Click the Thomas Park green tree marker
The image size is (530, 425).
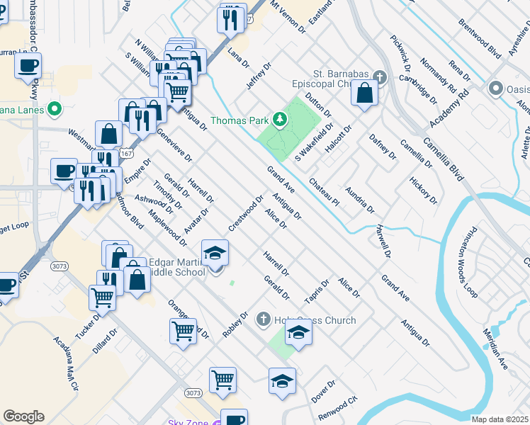(281, 120)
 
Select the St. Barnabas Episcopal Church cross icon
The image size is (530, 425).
(379, 76)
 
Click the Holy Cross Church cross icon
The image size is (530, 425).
(264, 320)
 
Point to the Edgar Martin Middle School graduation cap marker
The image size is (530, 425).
(215, 253)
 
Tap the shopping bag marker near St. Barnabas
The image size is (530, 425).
(364, 93)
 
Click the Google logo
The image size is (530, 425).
(23, 416)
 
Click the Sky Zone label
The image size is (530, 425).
(188, 423)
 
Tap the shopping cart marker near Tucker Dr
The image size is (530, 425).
(102, 298)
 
